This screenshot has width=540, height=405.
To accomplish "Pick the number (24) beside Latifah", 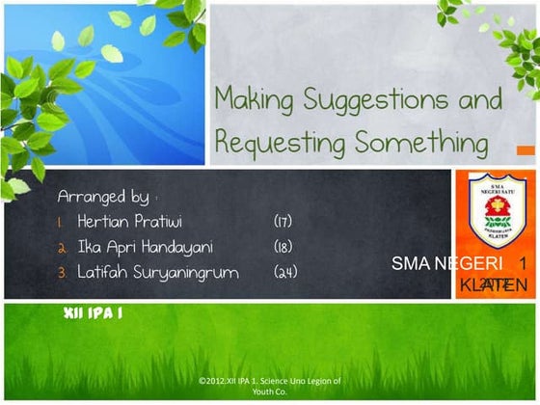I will pyautogui.click(x=286, y=273).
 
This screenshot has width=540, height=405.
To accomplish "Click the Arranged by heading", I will pyautogui.click(x=103, y=197).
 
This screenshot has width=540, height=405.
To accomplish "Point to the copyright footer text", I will pyautogui.click(x=269, y=386).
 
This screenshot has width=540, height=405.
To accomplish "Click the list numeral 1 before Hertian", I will pyautogui.click(x=62, y=222).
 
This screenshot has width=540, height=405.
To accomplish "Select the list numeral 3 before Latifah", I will pyautogui.click(x=62, y=273).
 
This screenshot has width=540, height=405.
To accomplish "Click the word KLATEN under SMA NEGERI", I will pyautogui.click(x=493, y=285).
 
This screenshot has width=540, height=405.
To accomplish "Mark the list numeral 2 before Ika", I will pyautogui.click(x=62, y=248).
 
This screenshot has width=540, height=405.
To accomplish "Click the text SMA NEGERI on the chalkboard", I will pyautogui.click(x=447, y=263).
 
